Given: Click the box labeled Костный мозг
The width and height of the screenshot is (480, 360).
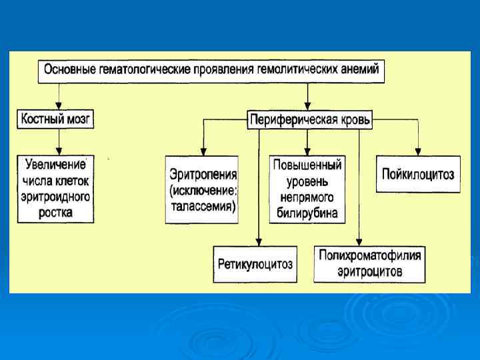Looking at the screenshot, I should [x=55, y=119].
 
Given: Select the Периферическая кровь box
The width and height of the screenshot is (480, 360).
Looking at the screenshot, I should [x=310, y=121].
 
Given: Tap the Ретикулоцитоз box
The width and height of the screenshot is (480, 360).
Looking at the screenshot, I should [x=255, y=263].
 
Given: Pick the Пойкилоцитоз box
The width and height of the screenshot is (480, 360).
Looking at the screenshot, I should [x=418, y=174].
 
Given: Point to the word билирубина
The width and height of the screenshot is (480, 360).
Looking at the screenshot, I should [x=307, y=213].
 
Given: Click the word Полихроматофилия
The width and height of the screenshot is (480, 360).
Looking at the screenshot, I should [x=370, y=255].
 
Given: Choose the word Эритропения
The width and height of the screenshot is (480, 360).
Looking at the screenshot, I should [x=203, y=175].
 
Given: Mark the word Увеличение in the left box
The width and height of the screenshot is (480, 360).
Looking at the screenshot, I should [x=55, y=164].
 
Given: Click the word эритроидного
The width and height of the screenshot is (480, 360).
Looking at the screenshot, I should [x=55, y=197].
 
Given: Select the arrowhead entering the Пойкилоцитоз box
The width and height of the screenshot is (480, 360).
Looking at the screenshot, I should [x=418, y=152].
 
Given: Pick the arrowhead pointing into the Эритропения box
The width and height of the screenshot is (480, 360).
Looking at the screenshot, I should [x=203, y=152].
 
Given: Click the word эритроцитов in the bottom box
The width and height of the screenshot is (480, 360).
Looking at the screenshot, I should [x=370, y=271].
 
